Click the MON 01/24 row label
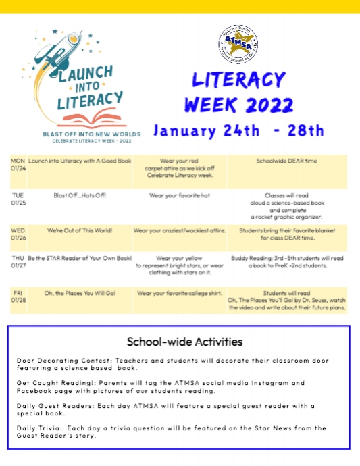18,165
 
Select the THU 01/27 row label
18,262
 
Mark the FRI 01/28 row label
18,297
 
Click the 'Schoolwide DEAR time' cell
286,161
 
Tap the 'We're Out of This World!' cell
80,230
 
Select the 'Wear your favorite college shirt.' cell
179,293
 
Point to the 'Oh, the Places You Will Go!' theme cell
80,293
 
